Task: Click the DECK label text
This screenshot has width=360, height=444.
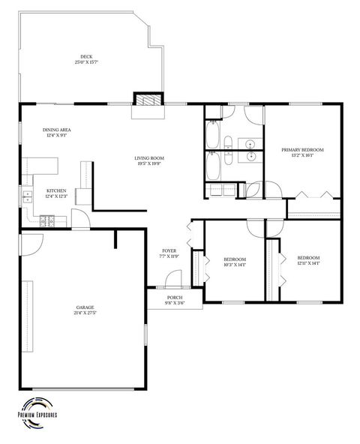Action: pyautogui.click(x=87, y=56)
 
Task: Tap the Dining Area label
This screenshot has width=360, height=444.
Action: pyautogui.click(x=57, y=130)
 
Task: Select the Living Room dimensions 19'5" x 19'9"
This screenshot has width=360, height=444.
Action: pyautogui.click(x=149, y=163)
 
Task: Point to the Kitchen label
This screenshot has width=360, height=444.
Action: pyautogui.click(x=57, y=190)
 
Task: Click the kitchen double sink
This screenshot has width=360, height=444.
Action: pyautogui.click(x=27, y=197)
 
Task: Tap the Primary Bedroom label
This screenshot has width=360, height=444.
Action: pyautogui.click(x=302, y=150)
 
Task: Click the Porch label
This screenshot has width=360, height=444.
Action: pyautogui.click(x=175, y=298)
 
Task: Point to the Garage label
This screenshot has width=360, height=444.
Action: pyautogui.click(x=85, y=307)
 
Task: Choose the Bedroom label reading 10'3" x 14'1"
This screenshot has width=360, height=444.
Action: pyautogui.click(x=235, y=259)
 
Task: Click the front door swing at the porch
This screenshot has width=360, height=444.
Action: pyautogui.click(x=173, y=279)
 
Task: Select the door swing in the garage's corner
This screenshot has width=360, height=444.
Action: pyautogui.click(x=32, y=242)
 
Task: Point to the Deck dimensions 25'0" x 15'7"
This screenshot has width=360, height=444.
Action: pyautogui.click(x=87, y=62)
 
